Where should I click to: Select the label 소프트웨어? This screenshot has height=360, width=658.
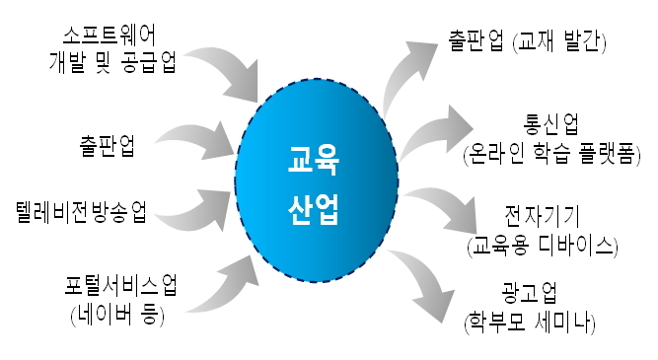(109, 35)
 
